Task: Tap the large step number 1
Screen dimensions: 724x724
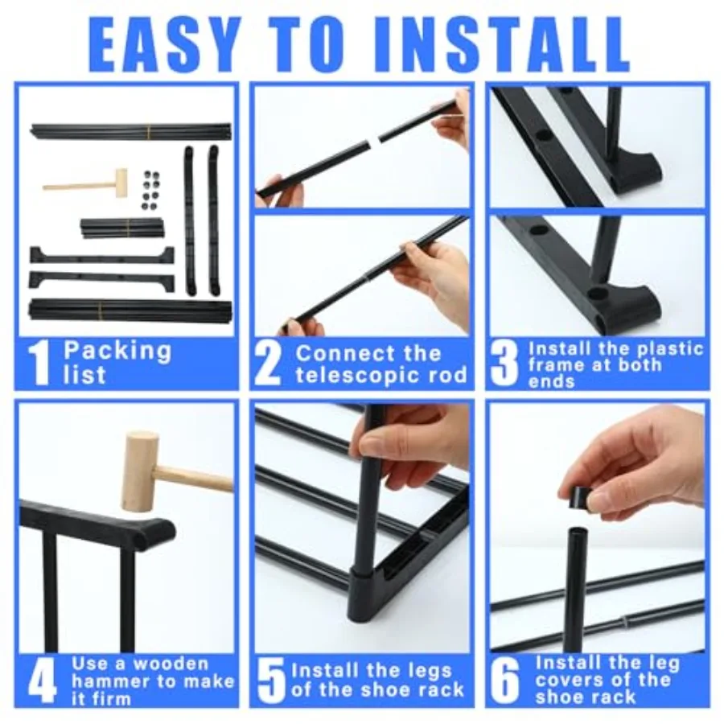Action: pos(40,364)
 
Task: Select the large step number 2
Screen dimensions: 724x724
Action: pos(269,364)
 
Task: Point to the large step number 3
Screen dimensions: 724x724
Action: pos(504,364)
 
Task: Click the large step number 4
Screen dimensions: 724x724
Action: pos(42,681)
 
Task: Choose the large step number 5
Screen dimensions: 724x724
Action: pos(272,681)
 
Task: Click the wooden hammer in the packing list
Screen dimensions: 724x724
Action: pos(88,183)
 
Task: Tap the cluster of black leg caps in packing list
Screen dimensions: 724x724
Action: pos(149,189)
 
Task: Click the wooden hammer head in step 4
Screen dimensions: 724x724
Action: pos(140,471)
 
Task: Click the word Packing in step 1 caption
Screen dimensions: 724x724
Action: pos(117,352)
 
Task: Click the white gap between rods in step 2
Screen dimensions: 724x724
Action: pos(371,142)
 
